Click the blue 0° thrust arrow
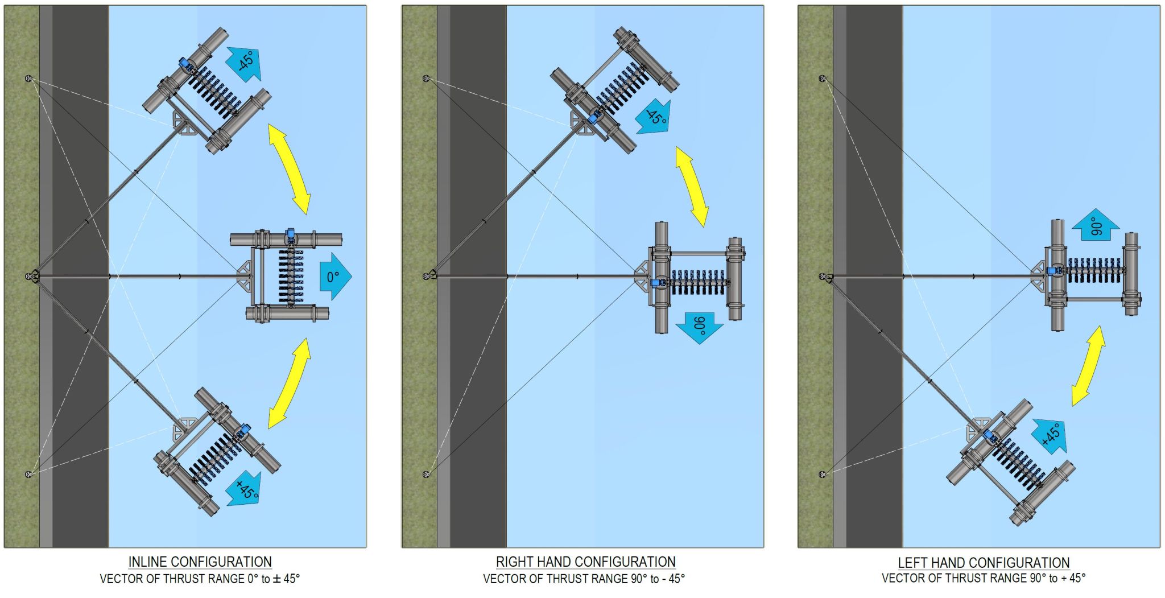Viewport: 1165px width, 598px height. click(x=334, y=277)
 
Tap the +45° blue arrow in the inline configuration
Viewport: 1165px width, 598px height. click(x=245, y=489)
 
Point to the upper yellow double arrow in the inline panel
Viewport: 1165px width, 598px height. click(x=290, y=170)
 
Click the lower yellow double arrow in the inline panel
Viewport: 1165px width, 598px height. click(x=290, y=383)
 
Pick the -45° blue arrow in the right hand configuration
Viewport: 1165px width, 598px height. click(x=654, y=118)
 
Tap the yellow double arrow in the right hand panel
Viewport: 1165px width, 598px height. click(x=692, y=187)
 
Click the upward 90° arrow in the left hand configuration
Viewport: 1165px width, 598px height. click(x=1096, y=226)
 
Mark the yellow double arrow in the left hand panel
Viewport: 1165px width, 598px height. click(x=1088, y=365)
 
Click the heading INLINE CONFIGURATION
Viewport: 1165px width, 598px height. click(x=200, y=562)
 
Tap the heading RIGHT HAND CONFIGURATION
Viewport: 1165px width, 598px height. click(x=585, y=562)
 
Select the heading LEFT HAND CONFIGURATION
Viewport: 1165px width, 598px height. click(x=984, y=563)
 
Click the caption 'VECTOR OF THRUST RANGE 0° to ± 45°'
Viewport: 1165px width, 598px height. click(x=200, y=579)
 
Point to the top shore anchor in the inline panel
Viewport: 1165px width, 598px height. click(x=28, y=78)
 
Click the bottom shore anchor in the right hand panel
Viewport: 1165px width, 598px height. click(x=426, y=474)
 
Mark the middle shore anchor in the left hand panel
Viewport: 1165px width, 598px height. click(x=823, y=277)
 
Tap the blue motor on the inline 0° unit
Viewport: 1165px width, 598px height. click(x=290, y=235)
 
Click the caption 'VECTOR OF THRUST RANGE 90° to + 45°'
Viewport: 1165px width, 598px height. click(x=984, y=579)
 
